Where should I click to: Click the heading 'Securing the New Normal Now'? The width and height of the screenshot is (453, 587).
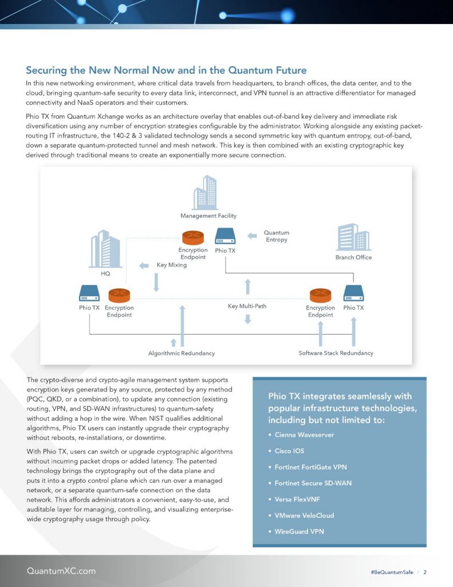166,71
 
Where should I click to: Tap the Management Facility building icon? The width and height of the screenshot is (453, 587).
206,192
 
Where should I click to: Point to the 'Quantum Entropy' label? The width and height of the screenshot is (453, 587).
277,236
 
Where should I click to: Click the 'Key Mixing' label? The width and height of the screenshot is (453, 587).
171,265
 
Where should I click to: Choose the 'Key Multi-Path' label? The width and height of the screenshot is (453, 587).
247,306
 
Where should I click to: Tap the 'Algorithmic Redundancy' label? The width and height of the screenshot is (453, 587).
182,353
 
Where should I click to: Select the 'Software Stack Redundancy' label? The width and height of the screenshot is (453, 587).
336,353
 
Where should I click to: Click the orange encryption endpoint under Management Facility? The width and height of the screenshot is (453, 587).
194,237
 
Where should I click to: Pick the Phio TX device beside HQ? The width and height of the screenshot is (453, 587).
89,295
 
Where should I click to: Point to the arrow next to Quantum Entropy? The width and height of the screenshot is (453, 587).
251,236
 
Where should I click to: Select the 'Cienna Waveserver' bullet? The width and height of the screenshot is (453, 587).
304,435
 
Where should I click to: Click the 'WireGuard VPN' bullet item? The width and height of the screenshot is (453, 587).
299,531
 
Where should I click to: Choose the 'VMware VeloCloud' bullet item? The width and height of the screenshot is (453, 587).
304,515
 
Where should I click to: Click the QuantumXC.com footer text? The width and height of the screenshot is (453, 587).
61,571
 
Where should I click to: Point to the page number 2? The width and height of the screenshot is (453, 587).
425,572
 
